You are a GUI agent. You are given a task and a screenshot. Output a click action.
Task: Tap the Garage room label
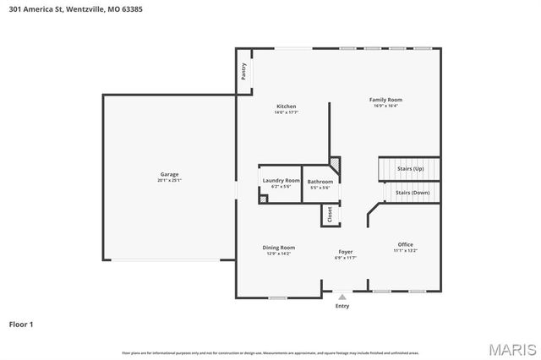point(169,174)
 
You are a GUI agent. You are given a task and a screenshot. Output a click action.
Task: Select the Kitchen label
point(286,106)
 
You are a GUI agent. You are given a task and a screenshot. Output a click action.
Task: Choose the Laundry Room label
point(281,180)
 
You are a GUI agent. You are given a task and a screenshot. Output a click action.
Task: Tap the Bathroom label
point(320,182)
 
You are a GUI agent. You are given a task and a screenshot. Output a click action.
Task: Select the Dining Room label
point(278,248)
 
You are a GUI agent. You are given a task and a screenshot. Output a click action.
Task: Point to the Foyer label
point(345,251)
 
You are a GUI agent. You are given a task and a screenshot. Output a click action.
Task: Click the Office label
point(406,244)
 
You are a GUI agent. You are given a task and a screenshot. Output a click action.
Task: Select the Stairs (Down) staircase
point(413,193)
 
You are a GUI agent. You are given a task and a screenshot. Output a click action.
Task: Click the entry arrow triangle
point(342,297)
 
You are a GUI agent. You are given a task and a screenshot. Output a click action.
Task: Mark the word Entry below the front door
point(342,306)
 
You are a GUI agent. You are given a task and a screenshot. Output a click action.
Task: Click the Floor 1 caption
point(22,324)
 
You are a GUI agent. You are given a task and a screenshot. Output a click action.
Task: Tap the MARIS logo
point(511,348)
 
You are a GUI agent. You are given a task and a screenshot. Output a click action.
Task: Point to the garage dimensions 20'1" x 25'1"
point(169,180)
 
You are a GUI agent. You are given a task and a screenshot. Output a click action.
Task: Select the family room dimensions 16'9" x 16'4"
point(385,106)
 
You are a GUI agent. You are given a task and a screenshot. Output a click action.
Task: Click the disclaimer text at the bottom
point(270,352)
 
